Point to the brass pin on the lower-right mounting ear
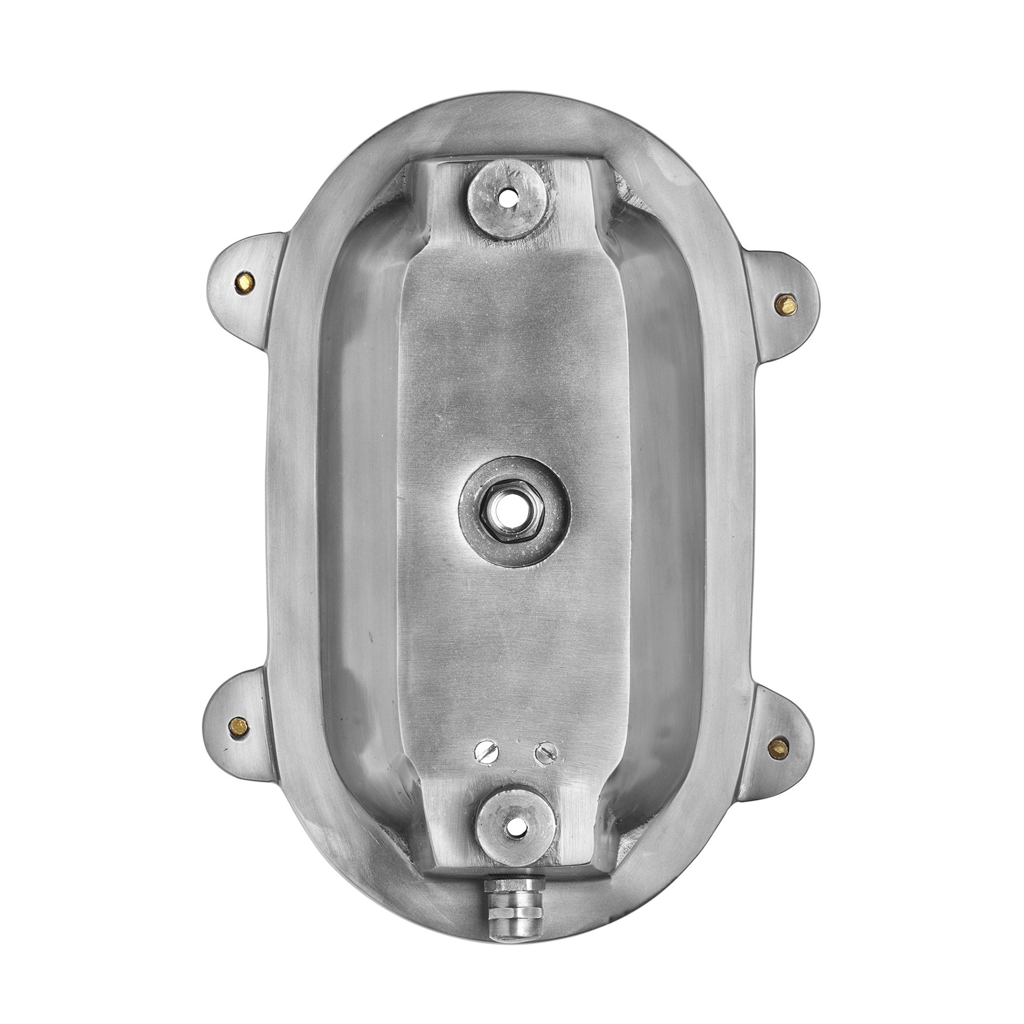pyautogui.click(x=779, y=748)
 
